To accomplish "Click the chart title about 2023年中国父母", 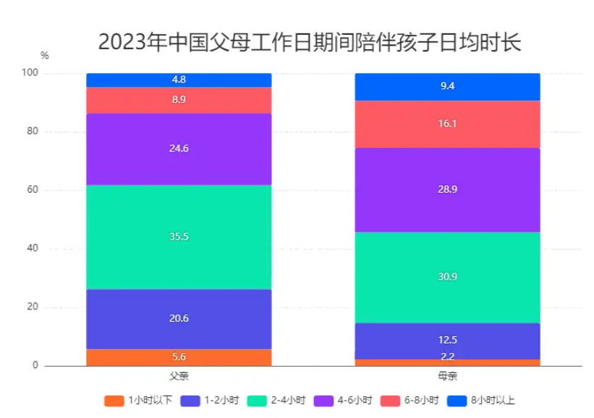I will point(309,43).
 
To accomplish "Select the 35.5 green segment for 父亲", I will point(179,237).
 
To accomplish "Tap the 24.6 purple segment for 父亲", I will point(179,149).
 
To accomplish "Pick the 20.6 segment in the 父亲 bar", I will point(179,319).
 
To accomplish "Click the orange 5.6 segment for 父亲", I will point(179,357).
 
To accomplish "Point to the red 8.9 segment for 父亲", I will point(179,100).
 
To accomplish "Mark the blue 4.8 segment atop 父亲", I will point(179,80).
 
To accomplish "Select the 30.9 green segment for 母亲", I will point(447,277).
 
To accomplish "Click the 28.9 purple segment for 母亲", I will point(447,190).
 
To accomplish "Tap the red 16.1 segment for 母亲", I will point(447,124).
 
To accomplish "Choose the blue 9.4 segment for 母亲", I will point(447,86).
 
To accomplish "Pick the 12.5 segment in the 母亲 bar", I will point(447,340).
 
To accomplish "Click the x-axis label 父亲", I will point(179,376).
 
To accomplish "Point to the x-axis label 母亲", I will point(447,376).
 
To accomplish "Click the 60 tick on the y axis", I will point(33,191).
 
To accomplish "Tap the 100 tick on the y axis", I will point(30,74).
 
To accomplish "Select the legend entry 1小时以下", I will point(137,400).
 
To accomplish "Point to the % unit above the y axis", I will point(45,55).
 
